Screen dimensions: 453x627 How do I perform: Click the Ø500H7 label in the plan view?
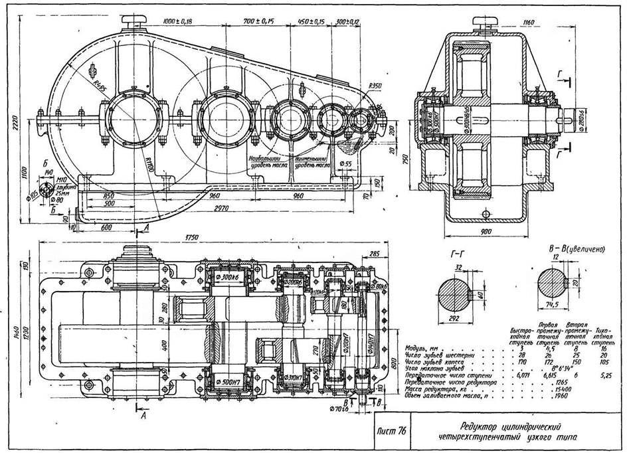(228, 383)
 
